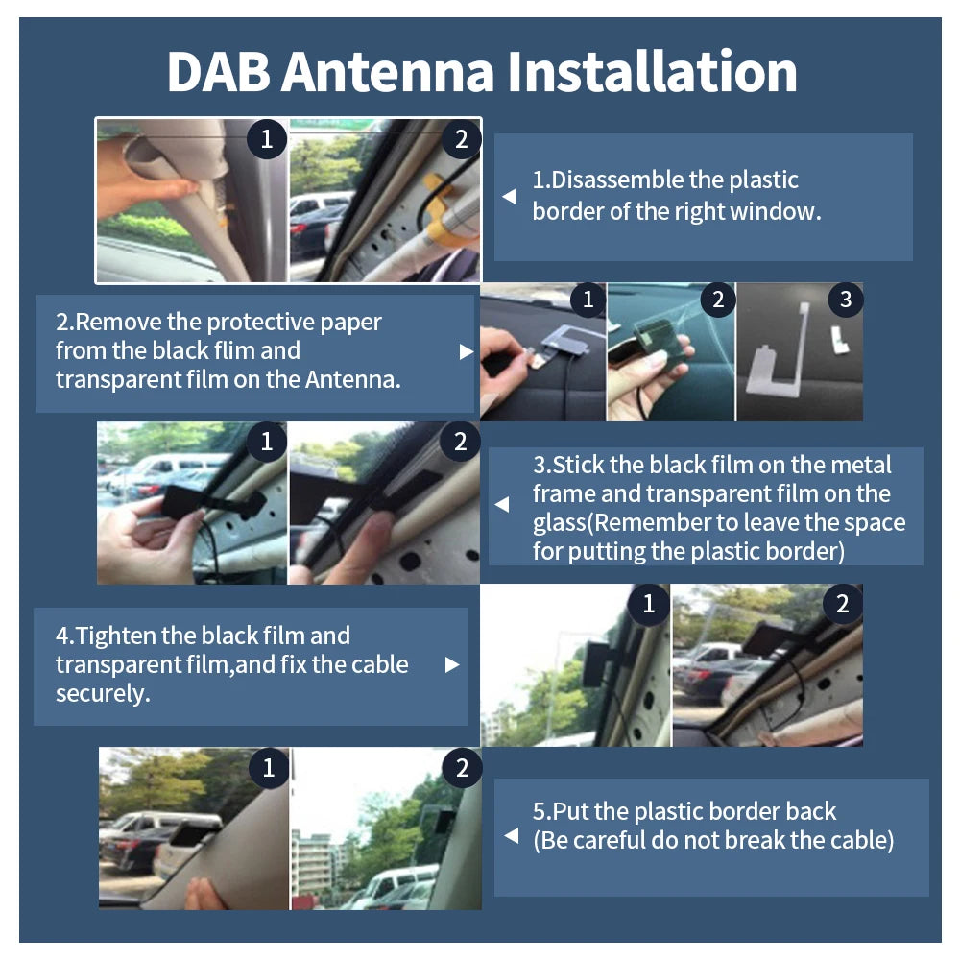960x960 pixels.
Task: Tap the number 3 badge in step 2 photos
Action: coord(845,300)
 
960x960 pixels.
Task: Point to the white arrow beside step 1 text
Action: coord(510,196)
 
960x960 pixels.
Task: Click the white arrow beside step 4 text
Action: coord(452,664)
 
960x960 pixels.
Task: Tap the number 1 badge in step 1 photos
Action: coord(266,139)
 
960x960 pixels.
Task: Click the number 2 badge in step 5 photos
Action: coord(462,768)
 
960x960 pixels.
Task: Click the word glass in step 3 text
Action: coord(559,523)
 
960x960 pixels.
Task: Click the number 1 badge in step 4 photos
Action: coord(649,604)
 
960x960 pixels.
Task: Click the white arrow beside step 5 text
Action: coord(511,837)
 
